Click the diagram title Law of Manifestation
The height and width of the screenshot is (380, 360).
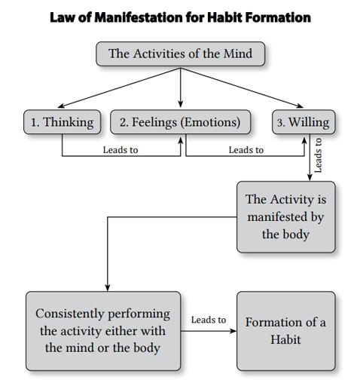[x=180, y=17]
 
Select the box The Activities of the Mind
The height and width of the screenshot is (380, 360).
[x=180, y=54]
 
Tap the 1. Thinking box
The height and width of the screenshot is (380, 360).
[x=63, y=122]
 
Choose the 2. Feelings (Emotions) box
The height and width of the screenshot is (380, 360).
[x=180, y=122]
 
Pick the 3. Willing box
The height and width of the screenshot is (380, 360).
[x=304, y=122]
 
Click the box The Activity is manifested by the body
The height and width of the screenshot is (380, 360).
[x=285, y=217]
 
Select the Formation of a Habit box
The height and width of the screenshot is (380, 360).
[x=285, y=331]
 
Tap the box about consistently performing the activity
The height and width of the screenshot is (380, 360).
[x=103, y=331]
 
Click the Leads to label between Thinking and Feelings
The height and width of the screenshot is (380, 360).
[x=121, y=150]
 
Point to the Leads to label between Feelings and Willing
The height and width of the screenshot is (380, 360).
[x=246, y=150]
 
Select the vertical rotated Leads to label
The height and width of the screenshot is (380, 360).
[x=318, y=155]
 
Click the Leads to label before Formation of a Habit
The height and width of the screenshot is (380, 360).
[x=209, y=320]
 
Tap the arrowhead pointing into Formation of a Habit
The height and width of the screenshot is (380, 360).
[x=233, y=331]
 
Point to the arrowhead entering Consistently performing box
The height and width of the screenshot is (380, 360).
[x=108, y=288]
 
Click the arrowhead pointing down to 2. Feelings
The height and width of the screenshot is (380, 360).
[x=180, y=104]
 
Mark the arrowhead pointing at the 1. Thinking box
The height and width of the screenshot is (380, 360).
[x=61, y=106]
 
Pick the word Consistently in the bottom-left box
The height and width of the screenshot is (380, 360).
[x=69, y=314]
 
